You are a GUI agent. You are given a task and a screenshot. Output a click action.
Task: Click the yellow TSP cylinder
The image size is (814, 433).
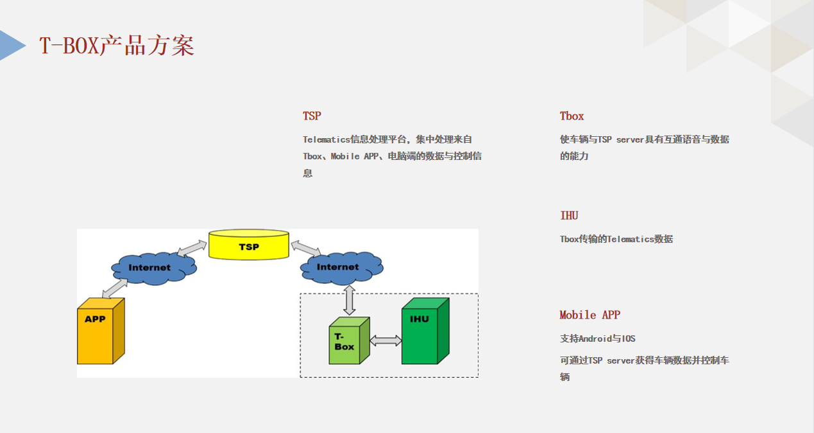(249, 245)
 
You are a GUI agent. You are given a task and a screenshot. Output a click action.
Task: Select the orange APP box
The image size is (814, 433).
(101, 331)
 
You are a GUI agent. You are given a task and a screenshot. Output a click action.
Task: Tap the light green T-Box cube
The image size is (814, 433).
(349, 340)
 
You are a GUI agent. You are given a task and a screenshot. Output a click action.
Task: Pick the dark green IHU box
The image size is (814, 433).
(425, 331)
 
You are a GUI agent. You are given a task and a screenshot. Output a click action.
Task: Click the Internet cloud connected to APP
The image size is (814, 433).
(154, 269)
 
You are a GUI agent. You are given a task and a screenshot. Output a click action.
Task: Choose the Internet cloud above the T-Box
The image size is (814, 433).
(342, 268)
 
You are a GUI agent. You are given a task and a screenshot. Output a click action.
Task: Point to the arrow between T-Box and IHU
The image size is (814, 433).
(386, 340)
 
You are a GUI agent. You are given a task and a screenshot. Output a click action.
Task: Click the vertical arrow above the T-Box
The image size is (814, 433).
(349, 300)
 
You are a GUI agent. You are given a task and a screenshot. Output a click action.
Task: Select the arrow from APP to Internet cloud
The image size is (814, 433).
(115, 288)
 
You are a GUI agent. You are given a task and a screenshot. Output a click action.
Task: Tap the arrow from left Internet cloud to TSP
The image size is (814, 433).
(192, 248)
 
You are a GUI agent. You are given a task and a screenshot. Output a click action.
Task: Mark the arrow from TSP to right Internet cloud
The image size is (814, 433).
(305, 248)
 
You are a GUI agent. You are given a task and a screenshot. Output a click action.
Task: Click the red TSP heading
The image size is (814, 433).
(312, 116)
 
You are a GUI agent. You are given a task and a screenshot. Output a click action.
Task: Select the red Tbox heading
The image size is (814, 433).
(572, 116)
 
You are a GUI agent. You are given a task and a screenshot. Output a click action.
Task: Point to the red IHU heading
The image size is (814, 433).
(569, 215)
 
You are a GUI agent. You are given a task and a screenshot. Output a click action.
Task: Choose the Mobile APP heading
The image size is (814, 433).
(589, 315)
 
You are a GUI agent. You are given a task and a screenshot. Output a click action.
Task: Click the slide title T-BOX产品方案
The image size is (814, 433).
(117, 46)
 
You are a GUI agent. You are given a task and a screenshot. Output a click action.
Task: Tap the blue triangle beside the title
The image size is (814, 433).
(13, 46)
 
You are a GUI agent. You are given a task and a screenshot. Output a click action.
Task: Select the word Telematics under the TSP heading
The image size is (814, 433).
(326, 139)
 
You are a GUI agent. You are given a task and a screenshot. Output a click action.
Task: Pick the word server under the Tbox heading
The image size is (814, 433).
(630, 139)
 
